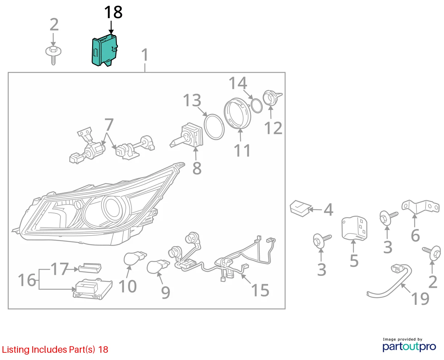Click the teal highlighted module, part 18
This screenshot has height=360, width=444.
click(104, 51)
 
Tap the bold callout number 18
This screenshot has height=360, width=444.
click(113, 12)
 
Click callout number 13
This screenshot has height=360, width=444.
click(192, 100)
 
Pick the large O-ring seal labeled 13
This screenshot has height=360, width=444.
click(214, 127)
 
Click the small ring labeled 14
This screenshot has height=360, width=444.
click(256, 106)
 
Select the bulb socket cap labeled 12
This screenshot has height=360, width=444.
click(272, 98)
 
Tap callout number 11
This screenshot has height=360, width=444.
click(242, 150)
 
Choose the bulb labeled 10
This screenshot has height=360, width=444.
click(135, 258)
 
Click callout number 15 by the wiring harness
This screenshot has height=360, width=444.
click(260, 290)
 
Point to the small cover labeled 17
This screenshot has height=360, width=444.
click(90, 268)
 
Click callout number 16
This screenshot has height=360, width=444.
click(27, 280)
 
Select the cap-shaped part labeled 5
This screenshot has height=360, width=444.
click(354, 228)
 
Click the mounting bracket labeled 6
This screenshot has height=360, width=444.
click(420, 207)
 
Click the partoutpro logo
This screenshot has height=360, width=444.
click(409, 347)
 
